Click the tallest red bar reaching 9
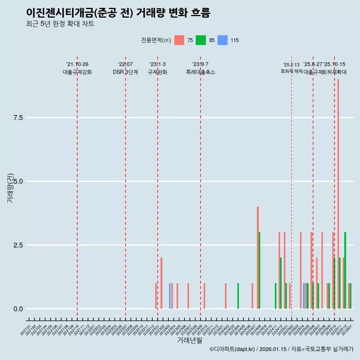(x=338, y=194)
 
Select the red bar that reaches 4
(x=258, y=258)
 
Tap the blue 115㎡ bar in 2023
(x=170, y=296)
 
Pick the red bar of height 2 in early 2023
(x=161, y=283)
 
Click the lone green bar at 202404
(x=238, y=296)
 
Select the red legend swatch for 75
(x=179, y=40)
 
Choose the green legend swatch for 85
(x=201, y=40)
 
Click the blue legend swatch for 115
(x=222, y=40)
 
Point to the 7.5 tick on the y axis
(x=18, y=118)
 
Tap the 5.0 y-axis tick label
(x=18, y=181)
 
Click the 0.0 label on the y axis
(x=18, y=309)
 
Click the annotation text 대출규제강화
(x=77, y=72)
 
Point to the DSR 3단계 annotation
(x=125, y=72)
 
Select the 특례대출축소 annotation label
(x=201, y=72)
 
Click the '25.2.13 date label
(x=291, y=65)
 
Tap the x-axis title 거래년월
(x=189, y=340)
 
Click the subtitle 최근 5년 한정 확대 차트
(x=60, y=24)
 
